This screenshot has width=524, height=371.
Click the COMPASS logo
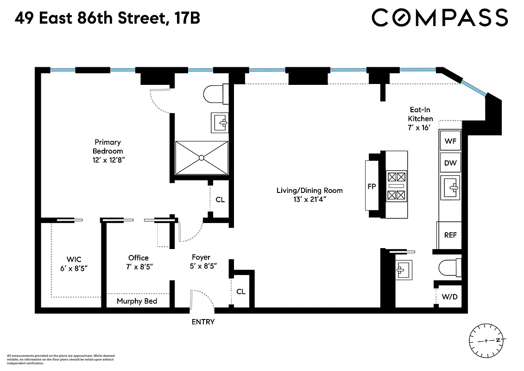pyautogui.click(x=440, y=18)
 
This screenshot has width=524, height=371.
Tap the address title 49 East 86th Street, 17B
pyautogui.click(x=107, y=18)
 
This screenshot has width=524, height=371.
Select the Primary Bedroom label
pyautogui.click(x=108, y=147)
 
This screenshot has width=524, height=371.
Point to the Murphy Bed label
pyautogui.click(x=137, y=301)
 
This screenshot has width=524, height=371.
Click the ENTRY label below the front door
pyautogui.click(x=203, y=321)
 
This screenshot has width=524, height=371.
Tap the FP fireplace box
pyautogui.click(x=371, y=185)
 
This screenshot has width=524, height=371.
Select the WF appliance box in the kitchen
pyautogui.click(x=450, y=141)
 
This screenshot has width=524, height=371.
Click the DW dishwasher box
pyautogui.click(x=450, y=163)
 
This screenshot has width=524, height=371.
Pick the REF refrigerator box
pyautogui.click(x=450, y=235)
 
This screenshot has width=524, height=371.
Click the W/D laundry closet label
pyautogui.click(x=449, y=296)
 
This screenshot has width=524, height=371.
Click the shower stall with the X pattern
pyautogui.click(x=202, y=158)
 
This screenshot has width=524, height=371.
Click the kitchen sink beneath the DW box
pyautogui.click(x=450, y=188)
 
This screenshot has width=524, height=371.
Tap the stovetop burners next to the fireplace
pyautogui.click(x=397, y=185)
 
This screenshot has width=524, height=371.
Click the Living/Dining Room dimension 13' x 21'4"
pyautogui.click(x=309, y=199)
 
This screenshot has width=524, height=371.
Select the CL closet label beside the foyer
pyautogui.click(x=241, y=292)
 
